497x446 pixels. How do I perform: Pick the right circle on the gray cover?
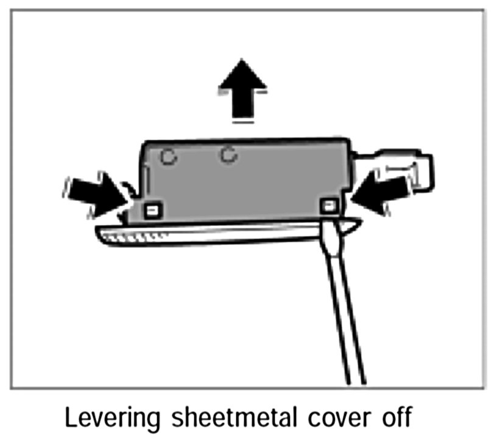tap(228, 155)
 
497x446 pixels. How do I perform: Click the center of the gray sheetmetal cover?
tap(244, 180)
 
